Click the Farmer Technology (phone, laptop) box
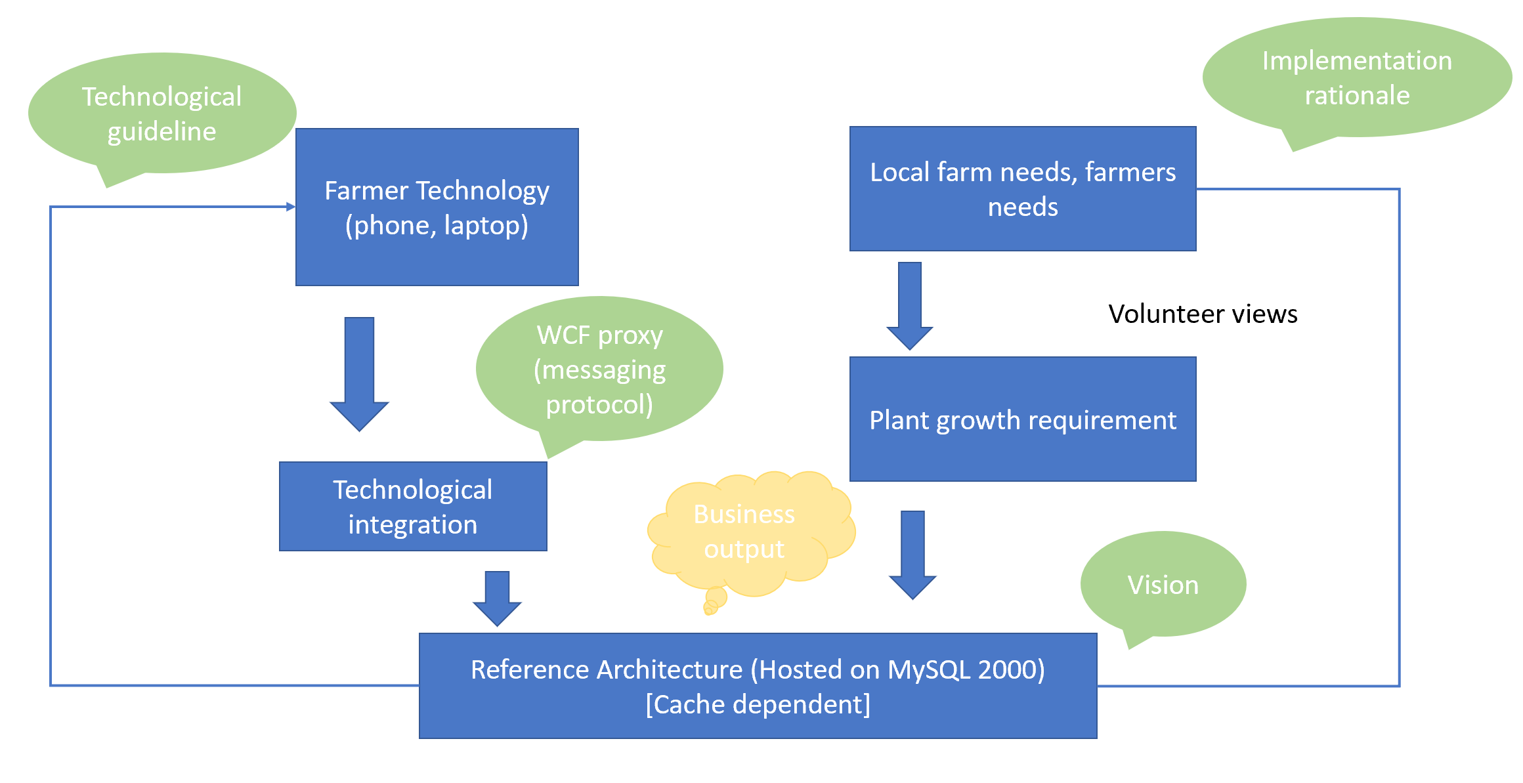click(437, 207)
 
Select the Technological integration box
click(413, 507)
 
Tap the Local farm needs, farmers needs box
click(1022, 189)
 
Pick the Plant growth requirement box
click(1022, 419)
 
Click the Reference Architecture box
click(758, 686)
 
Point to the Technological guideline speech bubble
click(161, 114)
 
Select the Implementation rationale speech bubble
click(1356, 78)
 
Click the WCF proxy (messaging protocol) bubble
click(599, 370)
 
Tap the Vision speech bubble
click(1163, 585)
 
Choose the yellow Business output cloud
click(744, 532)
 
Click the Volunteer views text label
click(1203, 314)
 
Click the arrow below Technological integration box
click(497, 597)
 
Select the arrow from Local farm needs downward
click(910, 305)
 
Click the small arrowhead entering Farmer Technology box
click(290, 207)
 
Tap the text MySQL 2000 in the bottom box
click(966, 669)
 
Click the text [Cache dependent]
click(758, 704)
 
